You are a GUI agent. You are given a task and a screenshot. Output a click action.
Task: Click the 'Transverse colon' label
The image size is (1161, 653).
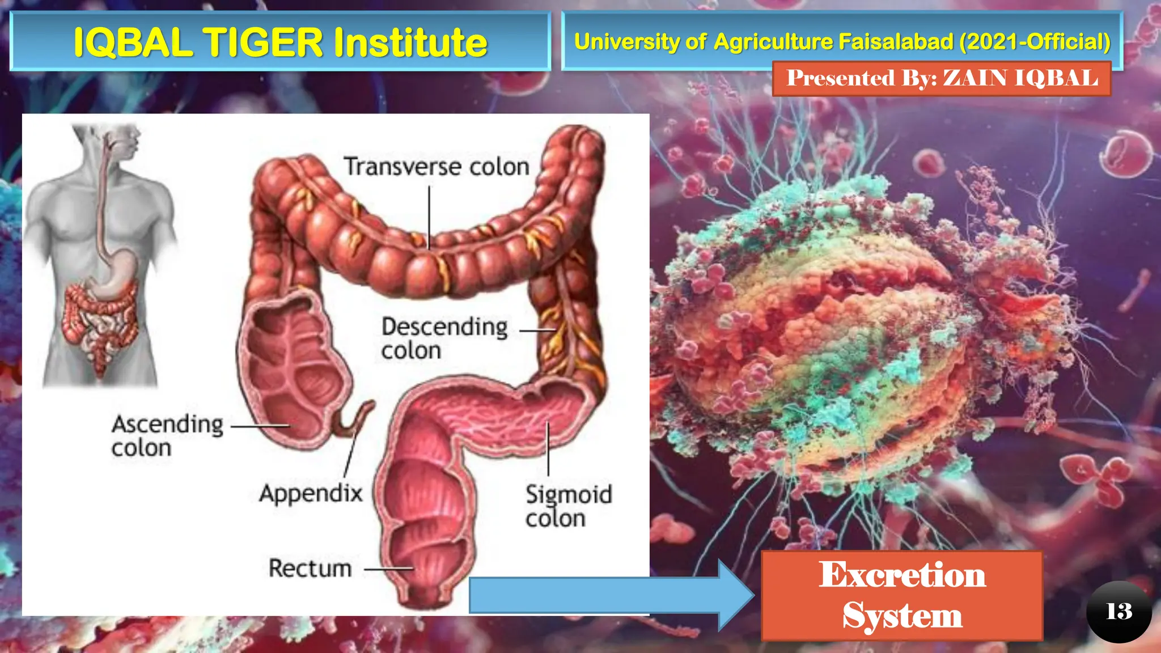tap(437, 167)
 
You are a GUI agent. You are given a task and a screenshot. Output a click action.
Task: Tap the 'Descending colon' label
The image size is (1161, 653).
tap(444, 338)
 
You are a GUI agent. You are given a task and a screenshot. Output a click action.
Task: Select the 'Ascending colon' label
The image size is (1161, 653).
tap(167, 436)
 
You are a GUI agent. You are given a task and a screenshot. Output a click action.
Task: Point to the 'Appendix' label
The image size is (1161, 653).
tap(311, 493)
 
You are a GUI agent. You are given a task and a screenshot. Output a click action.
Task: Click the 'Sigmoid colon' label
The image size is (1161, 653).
tap(568, 506)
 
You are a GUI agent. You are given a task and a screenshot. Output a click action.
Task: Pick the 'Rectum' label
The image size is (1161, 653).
tap(310, 569)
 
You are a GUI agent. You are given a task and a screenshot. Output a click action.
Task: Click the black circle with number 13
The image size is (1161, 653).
tap(1118, 612)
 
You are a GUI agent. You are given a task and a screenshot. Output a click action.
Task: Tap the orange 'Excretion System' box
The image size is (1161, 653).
tap(901, 595)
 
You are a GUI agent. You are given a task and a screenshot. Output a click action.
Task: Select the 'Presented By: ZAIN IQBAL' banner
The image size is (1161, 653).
tap(942, 78)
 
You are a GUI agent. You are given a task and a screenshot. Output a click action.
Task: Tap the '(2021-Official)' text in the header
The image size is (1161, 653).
tap(1035, 42)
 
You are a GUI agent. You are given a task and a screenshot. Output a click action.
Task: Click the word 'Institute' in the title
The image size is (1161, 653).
tap(410, 43)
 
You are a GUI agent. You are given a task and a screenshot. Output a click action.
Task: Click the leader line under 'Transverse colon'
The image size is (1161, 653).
tap(429, 218)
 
